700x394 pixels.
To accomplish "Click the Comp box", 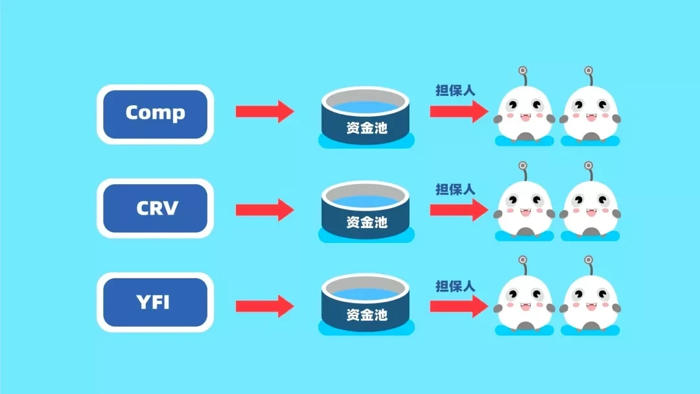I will click(x=155, y=113).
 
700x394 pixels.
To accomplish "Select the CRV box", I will click(x=155, y=209).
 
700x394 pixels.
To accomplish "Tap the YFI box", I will click(x=155, y=303).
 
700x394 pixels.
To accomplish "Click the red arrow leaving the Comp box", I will click(x=264, y=111).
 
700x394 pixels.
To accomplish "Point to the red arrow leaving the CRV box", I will click(x=264, y=209).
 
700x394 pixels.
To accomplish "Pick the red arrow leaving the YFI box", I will click(x=264, y=305).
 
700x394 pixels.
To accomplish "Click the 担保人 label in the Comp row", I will click(x=455, y=91).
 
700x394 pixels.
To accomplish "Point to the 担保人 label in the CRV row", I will click(x=455, y=189).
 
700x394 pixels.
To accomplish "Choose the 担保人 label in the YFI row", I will click(x=455, y=286).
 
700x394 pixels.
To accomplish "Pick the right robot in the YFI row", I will click(x=590, y=302).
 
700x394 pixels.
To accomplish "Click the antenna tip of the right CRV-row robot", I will click(x=589, y=166).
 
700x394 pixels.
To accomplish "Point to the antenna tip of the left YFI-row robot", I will click(x=522, y=260).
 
